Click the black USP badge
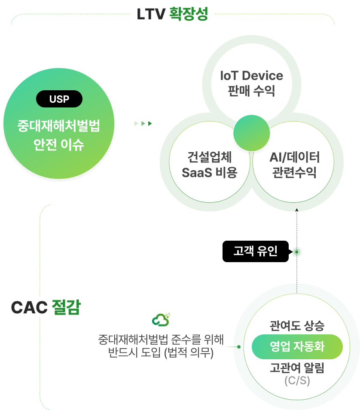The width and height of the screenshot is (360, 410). pyautogui.click(x=59, y=99)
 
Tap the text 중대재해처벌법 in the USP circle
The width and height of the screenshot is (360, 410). pyautogui.click(x=59, y=126)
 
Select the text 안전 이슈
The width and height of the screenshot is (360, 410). pyautogui.click(x=59, y=145)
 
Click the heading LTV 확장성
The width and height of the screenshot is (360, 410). pyautogui.click(x=172, y=14)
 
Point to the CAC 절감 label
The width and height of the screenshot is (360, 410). pyautogui.click(x=46, y=307)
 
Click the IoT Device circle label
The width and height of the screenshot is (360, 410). pyautogui.click(x=251, y=76)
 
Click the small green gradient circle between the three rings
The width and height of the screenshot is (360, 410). pyautogui.click(x=252, y=133)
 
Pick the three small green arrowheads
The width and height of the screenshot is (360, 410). pyautogui.click(x=143, y=124)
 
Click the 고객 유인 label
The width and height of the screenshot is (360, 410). pyautogui.click(x=255, y=251)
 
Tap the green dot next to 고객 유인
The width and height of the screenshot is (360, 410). pyautogui.click(x=297, y=252)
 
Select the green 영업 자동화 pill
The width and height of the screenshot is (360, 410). pyautogui.click(x=297, y=346)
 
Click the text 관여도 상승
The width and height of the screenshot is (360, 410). pyautogui.click(x=297, y=325)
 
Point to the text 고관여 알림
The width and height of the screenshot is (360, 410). pyautogui.click(x=297, y=368)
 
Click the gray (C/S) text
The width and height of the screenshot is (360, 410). pyautogui.click(x=297, y=381)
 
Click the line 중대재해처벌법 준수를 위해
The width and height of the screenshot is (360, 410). pyautogui.click(x=161, y=340)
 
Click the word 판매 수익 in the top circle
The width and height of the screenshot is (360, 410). pyautogui.click(x=251, y=91)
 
